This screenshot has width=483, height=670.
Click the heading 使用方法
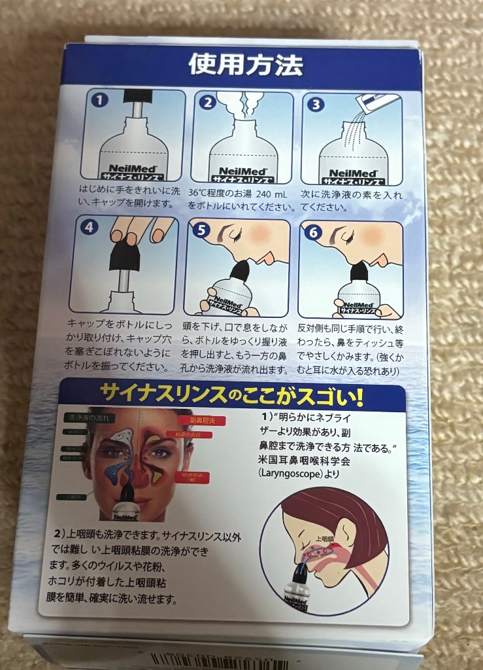point(245,65)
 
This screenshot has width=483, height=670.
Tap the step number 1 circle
point(98,101)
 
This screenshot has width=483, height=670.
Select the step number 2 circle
point(207,102)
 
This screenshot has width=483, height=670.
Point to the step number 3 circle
point(316,103)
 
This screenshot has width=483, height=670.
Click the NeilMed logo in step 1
point(133,167)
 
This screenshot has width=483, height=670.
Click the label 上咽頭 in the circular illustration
point(325,539)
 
